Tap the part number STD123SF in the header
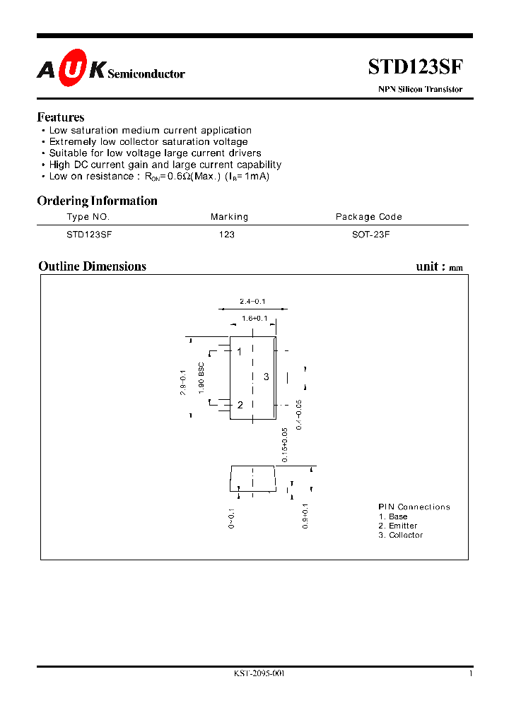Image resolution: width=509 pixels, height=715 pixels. (415, 67)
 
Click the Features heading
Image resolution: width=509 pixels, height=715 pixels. (61, 117)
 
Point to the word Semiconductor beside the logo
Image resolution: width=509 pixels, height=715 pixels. (146, 73)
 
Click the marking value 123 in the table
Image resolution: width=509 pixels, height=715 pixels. (227, 234)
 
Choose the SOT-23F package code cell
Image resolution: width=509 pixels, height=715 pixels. (370, 234)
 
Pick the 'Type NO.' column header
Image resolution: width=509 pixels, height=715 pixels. (88, 217)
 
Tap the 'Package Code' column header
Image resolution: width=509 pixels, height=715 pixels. (368, 217)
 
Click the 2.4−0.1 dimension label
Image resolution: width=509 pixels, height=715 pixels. (253, 302)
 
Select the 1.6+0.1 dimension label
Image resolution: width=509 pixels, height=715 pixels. (255, 319)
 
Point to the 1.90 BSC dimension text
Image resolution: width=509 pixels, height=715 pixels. (201, 377)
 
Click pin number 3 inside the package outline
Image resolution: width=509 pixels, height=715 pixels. (267, 377)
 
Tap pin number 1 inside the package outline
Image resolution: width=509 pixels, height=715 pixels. (240, 351)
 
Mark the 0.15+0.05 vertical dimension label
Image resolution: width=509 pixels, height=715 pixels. (285, 444)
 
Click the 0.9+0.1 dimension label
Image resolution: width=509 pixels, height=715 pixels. (305, 518)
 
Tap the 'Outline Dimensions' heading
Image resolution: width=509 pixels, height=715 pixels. (92, 266)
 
